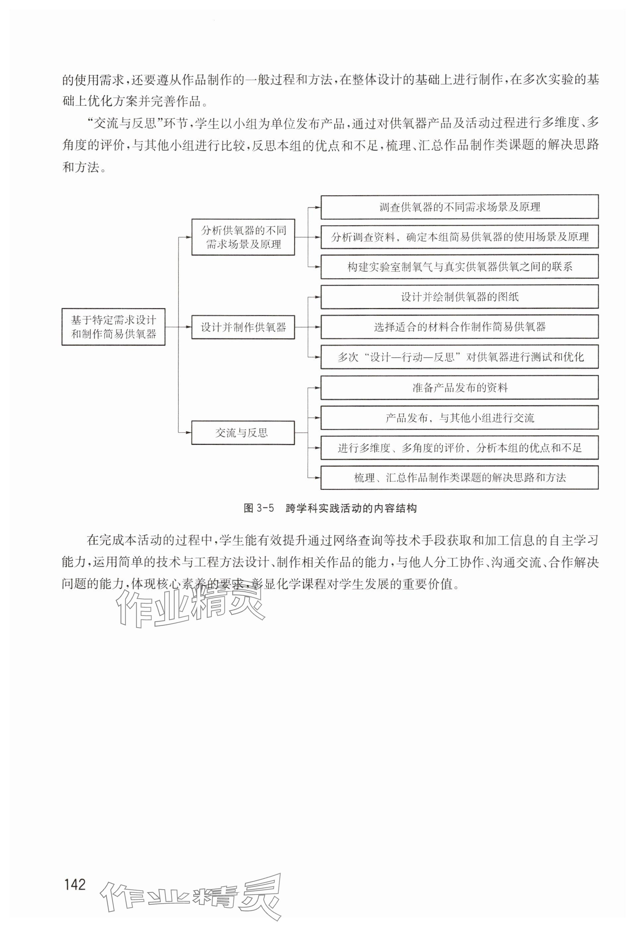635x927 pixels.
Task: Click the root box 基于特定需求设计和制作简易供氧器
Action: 113,327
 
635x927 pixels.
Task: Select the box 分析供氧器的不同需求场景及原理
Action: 243,237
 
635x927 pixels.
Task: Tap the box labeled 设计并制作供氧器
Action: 243,327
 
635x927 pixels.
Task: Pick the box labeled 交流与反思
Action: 243,432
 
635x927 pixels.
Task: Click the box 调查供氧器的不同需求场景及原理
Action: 459,207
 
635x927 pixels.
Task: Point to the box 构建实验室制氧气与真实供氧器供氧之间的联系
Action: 459,267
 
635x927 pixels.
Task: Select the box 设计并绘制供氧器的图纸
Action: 459,297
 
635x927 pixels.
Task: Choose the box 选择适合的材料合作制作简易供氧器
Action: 459,327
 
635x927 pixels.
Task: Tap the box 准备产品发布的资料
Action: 459,387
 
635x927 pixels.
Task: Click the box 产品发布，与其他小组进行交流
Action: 459,418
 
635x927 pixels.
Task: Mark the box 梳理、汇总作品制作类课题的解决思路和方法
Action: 459,477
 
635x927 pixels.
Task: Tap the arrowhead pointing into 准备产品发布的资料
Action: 318,387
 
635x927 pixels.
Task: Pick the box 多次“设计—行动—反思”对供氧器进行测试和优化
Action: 459,357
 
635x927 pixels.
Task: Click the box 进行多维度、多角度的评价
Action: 459,448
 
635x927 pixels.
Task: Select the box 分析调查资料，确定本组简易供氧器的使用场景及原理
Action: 459,237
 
